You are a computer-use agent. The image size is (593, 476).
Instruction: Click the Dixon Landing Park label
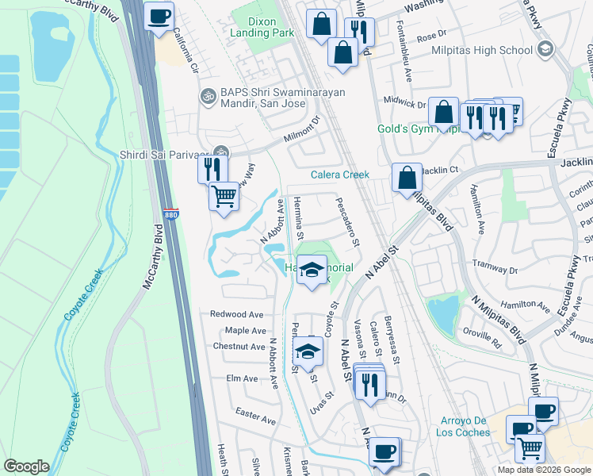coord(262,26)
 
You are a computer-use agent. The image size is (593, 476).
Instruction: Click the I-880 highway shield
coord(174,213)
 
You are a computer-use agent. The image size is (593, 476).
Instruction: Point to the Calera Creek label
coord(339,175)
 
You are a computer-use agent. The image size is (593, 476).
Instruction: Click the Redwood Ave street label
coord(236,314)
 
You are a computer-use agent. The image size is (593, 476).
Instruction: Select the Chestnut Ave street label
coord(239,347)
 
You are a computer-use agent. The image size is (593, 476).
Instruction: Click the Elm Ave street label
coord(242,378)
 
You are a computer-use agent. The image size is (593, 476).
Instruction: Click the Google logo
coord(26,466)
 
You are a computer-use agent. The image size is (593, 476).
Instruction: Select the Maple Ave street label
coord(246,330)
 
